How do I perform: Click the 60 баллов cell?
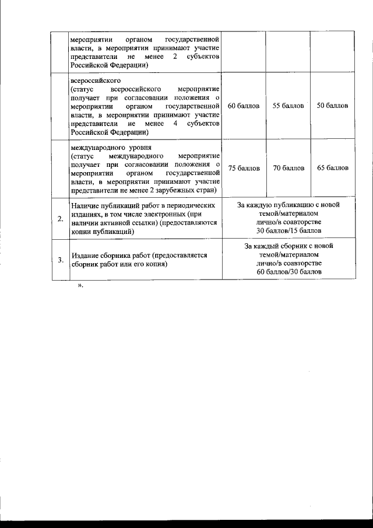244,106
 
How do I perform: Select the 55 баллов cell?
288,106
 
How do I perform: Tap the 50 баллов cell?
332,106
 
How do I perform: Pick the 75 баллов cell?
244,168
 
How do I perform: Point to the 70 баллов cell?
288,168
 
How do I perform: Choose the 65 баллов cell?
332,168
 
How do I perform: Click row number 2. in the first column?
60,219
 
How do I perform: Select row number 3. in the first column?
60,260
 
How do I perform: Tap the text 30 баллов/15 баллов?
288,231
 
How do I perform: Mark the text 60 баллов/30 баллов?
288,272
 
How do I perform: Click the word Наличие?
83,206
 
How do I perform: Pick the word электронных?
153,214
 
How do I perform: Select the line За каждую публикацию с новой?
288,205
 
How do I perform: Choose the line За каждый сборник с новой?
288,246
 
